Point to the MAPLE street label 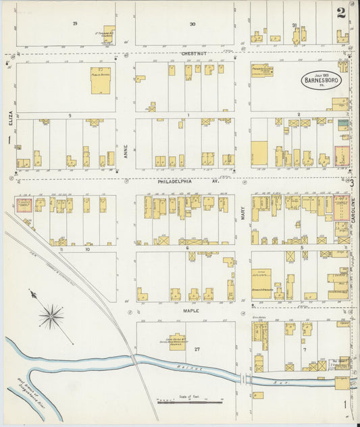coord(191,311)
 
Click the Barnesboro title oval coord(322,80)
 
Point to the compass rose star coord(51,316)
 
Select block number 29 coord(75,24)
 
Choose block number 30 coord(192,24)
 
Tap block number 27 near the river coord(197,349)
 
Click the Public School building coord(101,80)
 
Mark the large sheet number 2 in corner coord(342,11)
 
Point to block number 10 coord(87,249)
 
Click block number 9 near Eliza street coord(68,116)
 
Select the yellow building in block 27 coord(178,341)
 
